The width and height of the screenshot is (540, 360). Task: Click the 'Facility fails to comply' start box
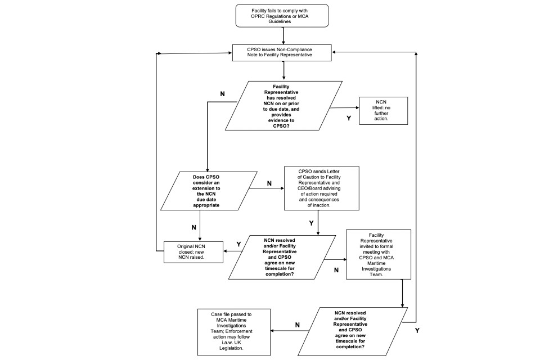point(283,15)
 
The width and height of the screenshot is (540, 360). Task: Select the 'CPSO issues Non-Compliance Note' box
point(283,52)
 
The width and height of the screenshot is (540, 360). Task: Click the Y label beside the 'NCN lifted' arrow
point(349,119)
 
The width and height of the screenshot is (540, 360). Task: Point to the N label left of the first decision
point(223,93)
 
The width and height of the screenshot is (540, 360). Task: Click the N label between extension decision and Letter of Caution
point(269,183)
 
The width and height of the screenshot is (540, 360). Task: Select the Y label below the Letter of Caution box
point(310,223)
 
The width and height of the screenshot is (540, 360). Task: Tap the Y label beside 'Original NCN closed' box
point(238,244)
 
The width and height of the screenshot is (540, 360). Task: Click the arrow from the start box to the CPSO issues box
point(283,35)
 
